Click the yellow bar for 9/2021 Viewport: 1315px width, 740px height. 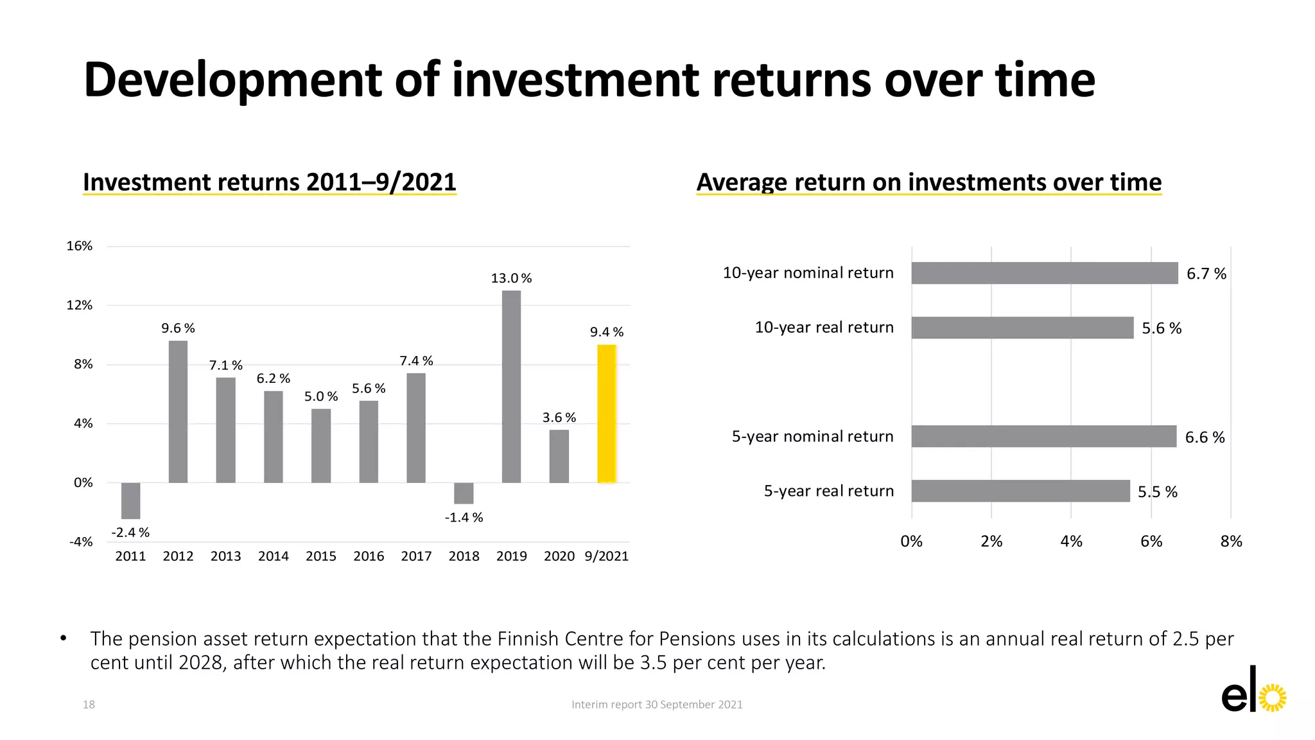(x=606, y=414)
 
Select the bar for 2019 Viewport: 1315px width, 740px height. (x=511, y=387)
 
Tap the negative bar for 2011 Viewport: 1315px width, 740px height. (x=130, y=500)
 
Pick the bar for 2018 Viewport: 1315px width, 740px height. (x=464, y=493)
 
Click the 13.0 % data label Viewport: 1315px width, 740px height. (x=511, y=278)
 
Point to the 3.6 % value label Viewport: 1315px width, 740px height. (x=559, y=418)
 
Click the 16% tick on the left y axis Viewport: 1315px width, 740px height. (x=80, y=246)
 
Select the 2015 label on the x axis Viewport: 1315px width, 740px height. (x=320, y=556)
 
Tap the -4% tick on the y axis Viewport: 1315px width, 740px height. (x=81, y=542)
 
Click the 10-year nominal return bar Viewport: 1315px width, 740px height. (x=1044, y=273)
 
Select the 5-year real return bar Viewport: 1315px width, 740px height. (x=1020, y=491)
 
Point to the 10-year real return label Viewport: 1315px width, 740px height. (x=824, y=328)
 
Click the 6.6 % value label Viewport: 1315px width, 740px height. (x=1205, y=437)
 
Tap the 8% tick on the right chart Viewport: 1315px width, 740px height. (x=1231, y=542)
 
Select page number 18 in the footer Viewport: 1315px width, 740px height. (x=89, y=705)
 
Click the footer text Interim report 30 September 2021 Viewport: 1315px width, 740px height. (x=657, y=705)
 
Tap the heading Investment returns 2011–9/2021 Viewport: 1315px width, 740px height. (x=269, y=182)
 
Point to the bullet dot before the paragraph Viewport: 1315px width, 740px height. (x=63, y=639)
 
